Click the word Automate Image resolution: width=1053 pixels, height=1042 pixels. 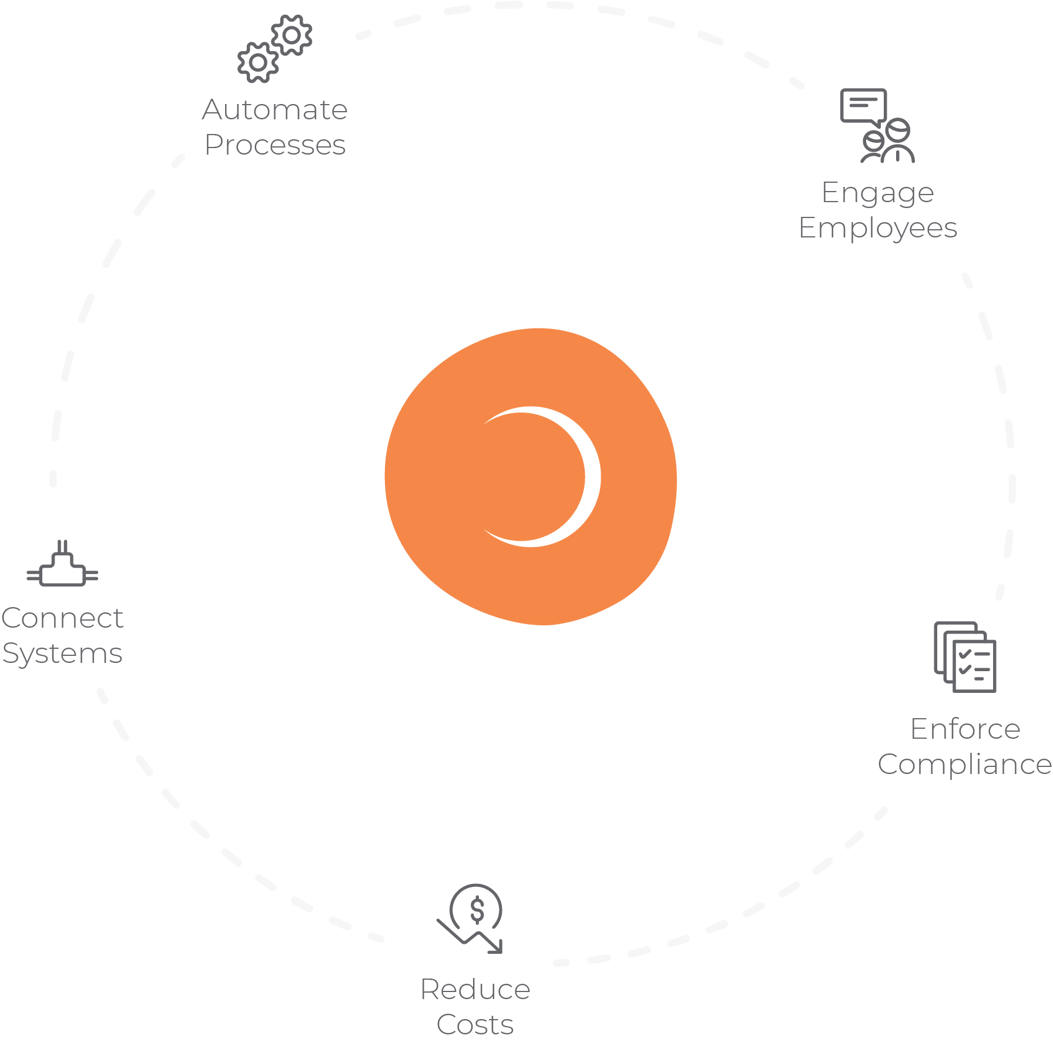pyautogui.click(x=275, y=110)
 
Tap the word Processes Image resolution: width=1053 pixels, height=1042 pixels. pyautogui.click(x=275, y=145)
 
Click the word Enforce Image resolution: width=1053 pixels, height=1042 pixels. pyautogui.click(x=965, y=729)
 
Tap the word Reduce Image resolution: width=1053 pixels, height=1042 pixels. pyautogui.click(x=475, y=989)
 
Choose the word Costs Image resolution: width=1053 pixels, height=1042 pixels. pyautogui.click(x=475, y=1025)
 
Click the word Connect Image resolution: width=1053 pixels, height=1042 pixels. pyautogui.click(x=62, y=618)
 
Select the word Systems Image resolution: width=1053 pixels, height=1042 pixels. pyautogui.click(x=62, y=654)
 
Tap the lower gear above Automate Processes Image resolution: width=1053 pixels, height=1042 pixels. pyautogui.click(x=258, y=62)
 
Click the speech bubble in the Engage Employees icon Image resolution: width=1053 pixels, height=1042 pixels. pyautogui.click(x=863, y=107)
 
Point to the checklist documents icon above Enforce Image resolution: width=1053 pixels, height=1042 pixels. pyautogui.click(x=965, y=657)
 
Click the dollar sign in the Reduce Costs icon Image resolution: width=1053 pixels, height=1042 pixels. pyautogui.click(x=477, y=910)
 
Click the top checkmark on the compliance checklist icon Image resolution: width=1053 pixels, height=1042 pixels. pyautogui.click(x=964, y=654)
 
